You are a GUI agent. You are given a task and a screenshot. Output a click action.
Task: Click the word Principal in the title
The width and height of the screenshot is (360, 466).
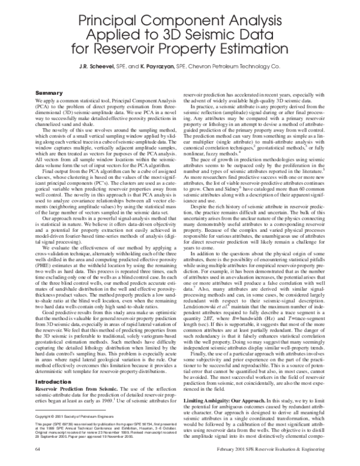point(115,11)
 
